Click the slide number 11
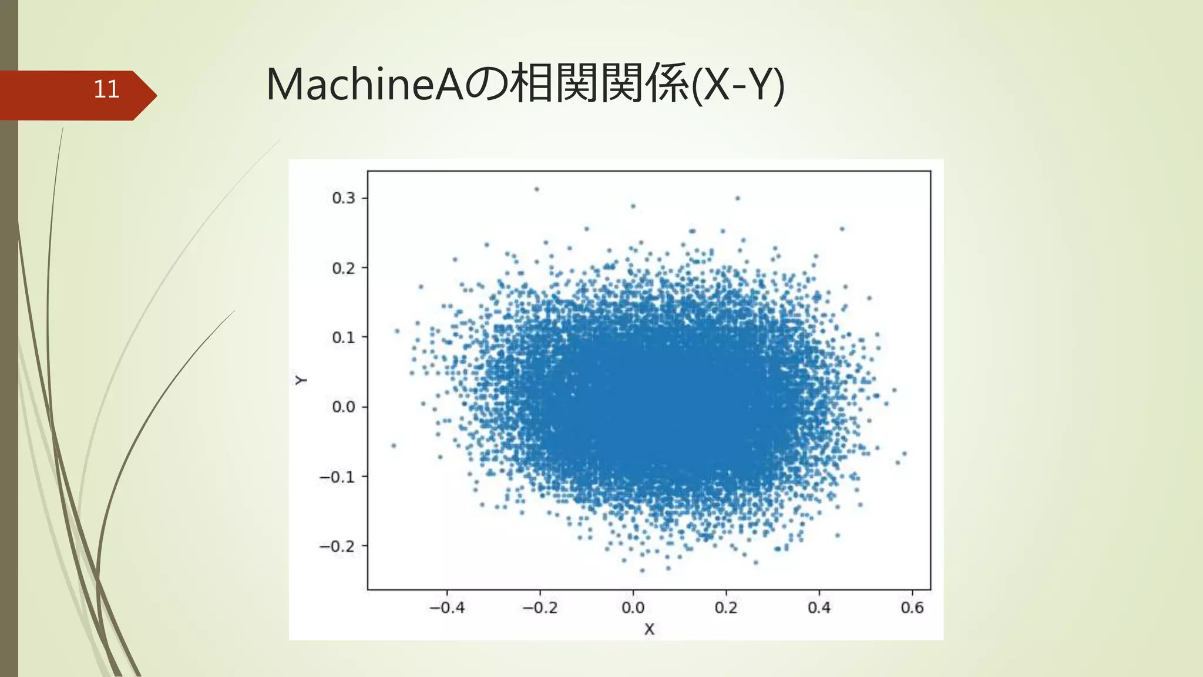106,89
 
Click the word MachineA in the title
364,85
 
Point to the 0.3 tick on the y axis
344,198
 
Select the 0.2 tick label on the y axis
344,268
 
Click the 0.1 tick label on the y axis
344,337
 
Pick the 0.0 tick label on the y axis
344,407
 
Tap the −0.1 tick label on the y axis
337,477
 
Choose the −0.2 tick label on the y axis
337,546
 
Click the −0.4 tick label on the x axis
447,608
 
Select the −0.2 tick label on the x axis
540,608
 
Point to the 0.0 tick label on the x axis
633,608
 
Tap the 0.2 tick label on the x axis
726,608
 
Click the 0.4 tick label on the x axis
819,608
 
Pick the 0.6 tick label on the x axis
912,608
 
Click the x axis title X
649,629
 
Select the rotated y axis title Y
301,380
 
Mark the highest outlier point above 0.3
536,189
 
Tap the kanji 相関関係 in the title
599,85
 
